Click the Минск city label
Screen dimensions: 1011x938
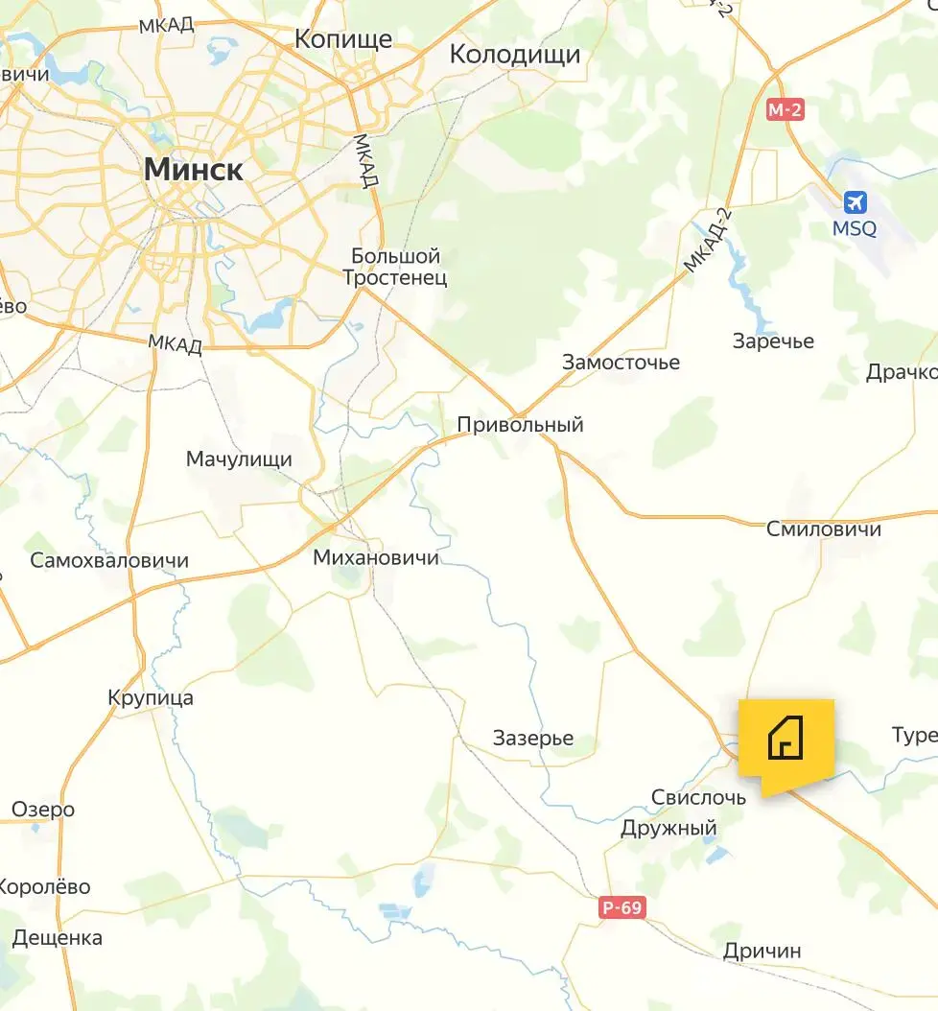tap(193, 170)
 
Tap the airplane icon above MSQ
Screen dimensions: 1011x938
tap(855, 203)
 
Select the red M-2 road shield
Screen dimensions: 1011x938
tap(785, 110)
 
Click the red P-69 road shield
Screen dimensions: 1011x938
tap(623, 906)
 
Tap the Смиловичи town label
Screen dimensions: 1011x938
tap(824, 529)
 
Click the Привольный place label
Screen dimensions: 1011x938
tap(520, 425)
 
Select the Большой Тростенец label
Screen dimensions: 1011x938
tap(395, 268)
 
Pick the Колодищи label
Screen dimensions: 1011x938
tap(515, 55)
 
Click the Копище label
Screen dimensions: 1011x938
tap(343, 38)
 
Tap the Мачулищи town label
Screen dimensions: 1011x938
tap(239, 459)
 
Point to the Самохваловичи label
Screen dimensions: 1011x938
tap(109, 561)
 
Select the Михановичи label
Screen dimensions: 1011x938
tap(376, 557)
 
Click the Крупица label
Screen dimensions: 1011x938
tap(151, 697)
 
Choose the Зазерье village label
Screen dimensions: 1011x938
tap(533, 738)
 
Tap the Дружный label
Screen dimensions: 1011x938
tap(669, 827)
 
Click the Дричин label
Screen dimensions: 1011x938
tap(762, 951)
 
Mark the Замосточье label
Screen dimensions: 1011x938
tap(621, 363)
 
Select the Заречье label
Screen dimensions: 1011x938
tap(773, 341)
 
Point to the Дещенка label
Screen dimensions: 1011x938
tap(58, 937)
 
